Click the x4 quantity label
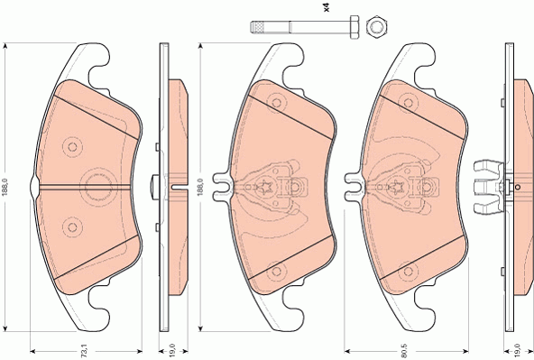327,8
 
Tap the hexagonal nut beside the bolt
378,26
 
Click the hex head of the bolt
354,27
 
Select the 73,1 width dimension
85,351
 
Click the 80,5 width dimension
405,351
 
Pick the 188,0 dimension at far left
5,187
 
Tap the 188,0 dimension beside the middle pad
200,187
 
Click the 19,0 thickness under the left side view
172,351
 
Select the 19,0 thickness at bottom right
518,351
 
